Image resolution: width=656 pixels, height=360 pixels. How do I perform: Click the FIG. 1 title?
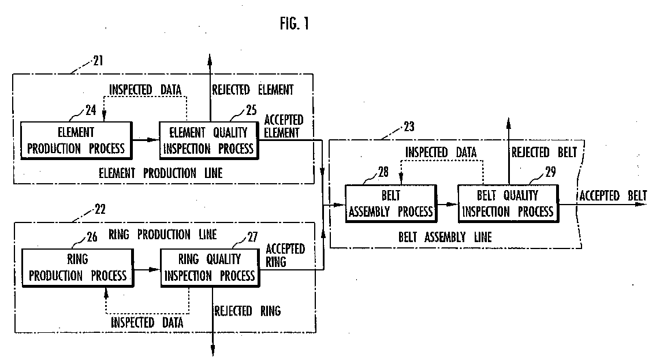pyautogui.click(x=295, y=24)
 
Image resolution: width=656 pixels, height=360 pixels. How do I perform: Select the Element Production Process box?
pyautogui.click(x=77, y=140)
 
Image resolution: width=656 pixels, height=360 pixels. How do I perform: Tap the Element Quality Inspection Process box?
pyautogui.click(x=209, y=140)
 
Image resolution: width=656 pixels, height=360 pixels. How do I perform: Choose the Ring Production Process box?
pyautogui.click(x=78, y=268)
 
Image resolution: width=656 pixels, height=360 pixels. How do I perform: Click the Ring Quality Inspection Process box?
pyautogui.click(x=210, y=268)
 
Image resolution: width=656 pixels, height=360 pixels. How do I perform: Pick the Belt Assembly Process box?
pyautogui.click(x=391, y=203)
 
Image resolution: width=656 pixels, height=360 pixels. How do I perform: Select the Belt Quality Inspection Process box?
pyautogui.click(x=508, y=203)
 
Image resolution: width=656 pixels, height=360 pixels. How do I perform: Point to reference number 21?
pyautogui.click(x=98, y=61)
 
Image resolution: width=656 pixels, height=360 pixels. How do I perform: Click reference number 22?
pyautogui.click(x=100, y=209)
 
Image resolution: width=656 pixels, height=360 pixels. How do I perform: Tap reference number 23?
pyautogui.click(x=409, y=127)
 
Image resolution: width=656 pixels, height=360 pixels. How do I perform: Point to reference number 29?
pyautogui.click(x=550, y=172)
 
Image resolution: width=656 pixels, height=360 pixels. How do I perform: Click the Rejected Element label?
pyautogui.click(x=253, y=90)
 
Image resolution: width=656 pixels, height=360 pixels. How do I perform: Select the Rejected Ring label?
pyautogui.click(x=247, y=311)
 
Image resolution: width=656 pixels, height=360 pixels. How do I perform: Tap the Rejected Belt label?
pyautogui.click(x=545, y=153)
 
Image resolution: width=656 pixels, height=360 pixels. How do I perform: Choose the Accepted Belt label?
pyautogui.click(x=613, y=195)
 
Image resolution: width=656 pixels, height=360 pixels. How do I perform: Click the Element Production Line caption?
pyautogui.click(x=161, y=173)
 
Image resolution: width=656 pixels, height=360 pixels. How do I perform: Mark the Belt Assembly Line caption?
pyautogui.click(x=445, y=237)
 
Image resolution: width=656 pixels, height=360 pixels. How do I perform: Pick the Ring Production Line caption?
pyautogui.click(x=163, y=235)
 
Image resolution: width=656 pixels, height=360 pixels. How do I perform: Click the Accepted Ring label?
pyautogui.click(x=285, y=255)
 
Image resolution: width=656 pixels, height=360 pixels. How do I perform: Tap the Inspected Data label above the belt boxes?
pyautogui.click(x=441, y=153)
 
